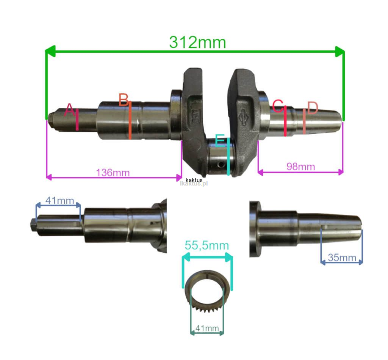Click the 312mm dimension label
point(197,42)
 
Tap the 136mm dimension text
point(113,173)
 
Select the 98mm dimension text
point(300,167)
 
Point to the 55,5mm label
point(207,245)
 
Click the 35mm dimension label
point(342,258)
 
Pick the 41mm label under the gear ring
point(207,328)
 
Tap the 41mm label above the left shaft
point(59,200)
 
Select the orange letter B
point(124,100)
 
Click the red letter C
point(278,106)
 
